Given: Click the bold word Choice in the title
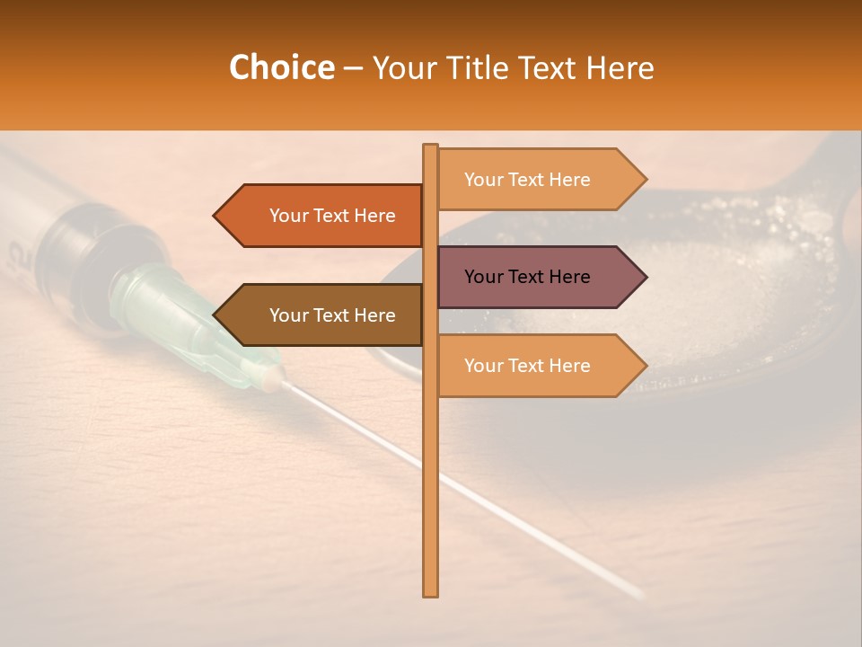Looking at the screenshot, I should [x=281, y=68].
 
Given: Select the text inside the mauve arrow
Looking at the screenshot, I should [x=527, y=277].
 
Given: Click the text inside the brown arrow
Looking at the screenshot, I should [x=332, y=315].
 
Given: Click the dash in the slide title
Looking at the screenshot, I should [x=353, y=69].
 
